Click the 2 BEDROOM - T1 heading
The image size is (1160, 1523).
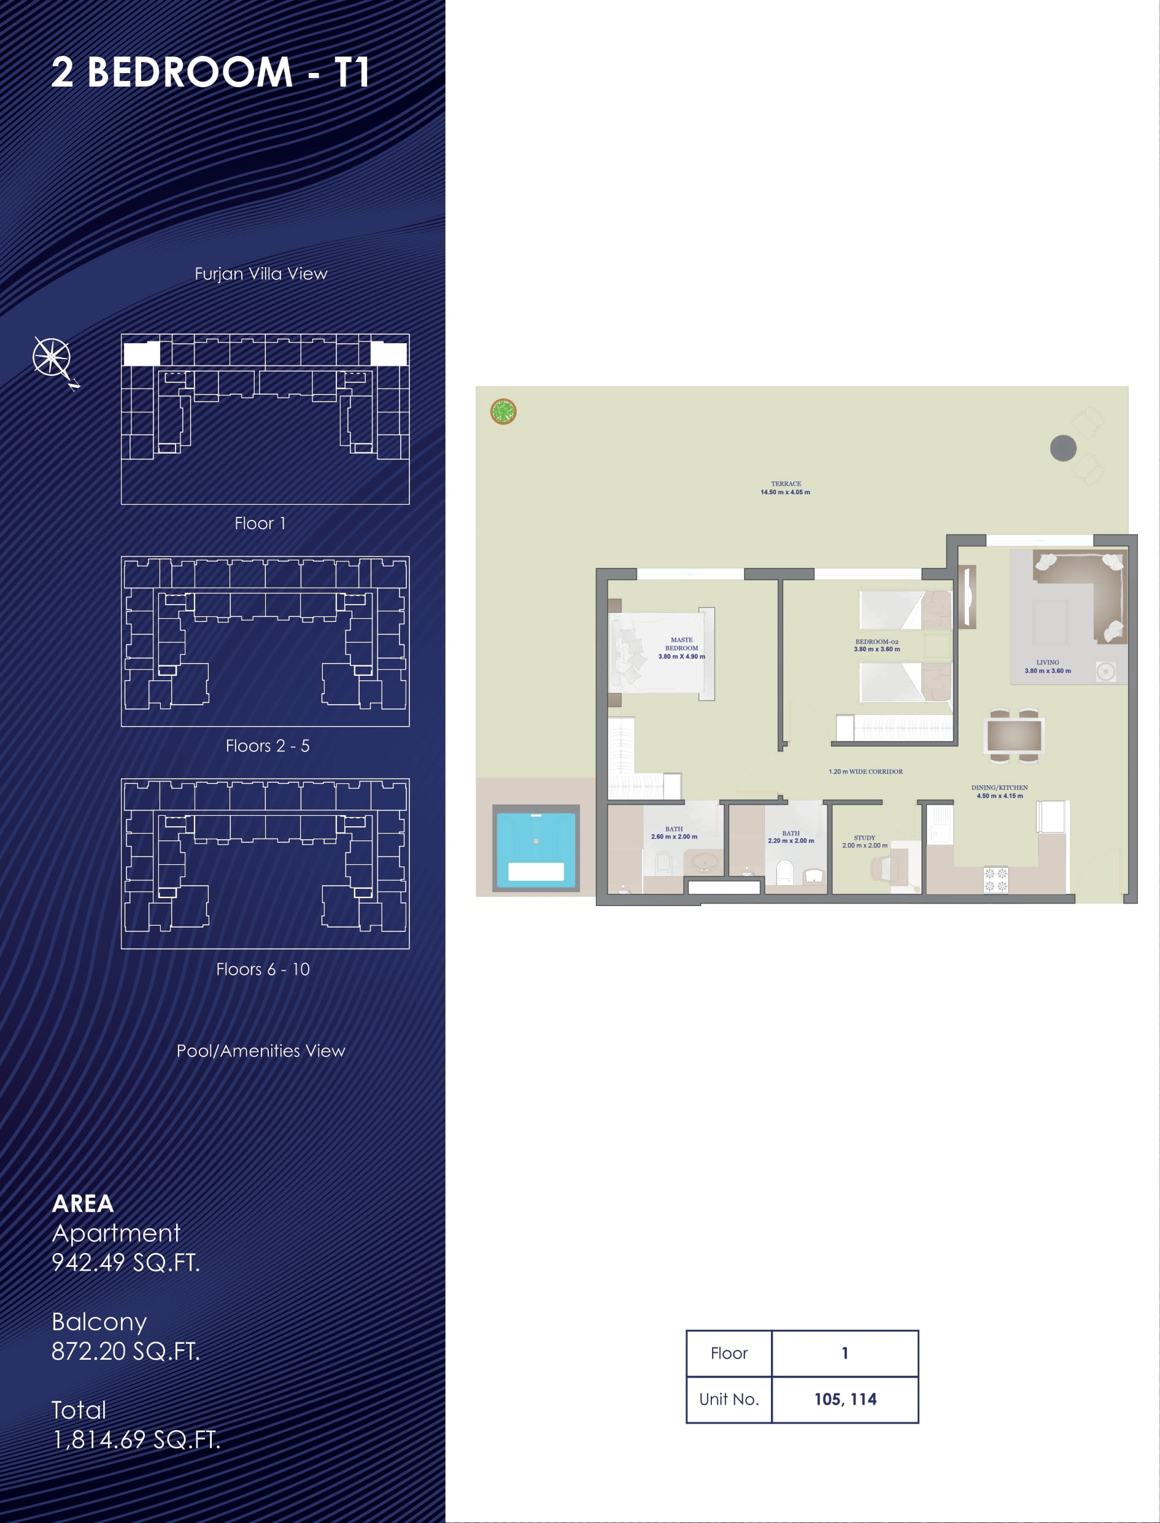coord(210,72)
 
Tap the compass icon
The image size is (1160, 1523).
coord(53,360)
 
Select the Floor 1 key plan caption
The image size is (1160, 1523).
coord(260,523)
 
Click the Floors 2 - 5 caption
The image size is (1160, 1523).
coord(267,745)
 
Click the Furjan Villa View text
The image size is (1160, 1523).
coord(261,274)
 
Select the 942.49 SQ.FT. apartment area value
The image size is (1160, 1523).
coord(126,1262)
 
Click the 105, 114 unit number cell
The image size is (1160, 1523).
coord(845,1400)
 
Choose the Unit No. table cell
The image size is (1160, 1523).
coord(729,1400)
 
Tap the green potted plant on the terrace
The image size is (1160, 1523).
coord(503,412)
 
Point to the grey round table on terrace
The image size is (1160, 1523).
coord(1063,448)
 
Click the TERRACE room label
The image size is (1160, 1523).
coord(786,484)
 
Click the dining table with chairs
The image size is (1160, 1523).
coord(1015,735)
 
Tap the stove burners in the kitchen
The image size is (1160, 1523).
coord(996,880)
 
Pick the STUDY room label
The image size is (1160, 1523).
coord(864,837)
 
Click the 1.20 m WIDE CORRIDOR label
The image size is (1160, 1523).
coord(866,772)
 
